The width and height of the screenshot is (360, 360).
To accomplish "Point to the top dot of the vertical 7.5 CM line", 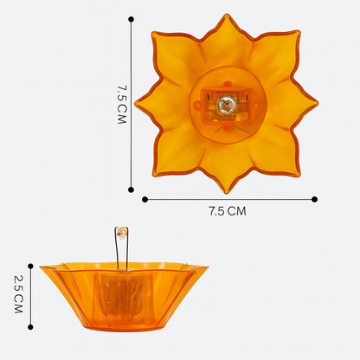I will pos(131,18).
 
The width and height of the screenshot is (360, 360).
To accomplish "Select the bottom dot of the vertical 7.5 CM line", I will pos(131,190).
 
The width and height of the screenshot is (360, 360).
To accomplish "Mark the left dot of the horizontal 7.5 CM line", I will pos(144,199).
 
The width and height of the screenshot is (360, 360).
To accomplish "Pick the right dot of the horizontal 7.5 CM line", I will pos(314,199).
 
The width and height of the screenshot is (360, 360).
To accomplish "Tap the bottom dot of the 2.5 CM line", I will pos(30,328).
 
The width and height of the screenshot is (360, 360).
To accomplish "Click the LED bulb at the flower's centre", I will pos(226,106).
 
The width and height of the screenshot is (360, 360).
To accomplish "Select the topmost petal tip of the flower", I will pos(226,15).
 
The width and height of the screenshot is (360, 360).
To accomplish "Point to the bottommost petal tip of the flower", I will pos(228,192).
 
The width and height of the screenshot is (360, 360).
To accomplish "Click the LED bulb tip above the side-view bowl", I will pos(123,231).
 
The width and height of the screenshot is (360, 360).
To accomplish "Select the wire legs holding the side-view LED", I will pos(123,251).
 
